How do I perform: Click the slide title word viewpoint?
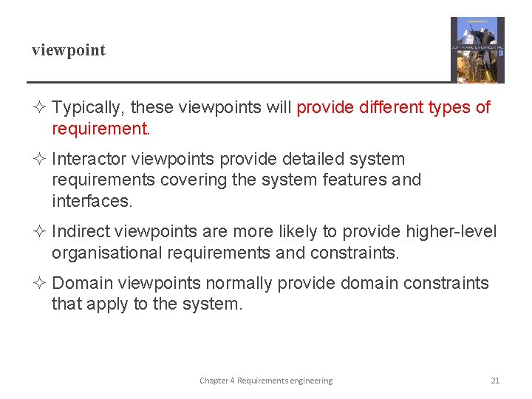[68, 51]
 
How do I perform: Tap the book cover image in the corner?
[477, 50]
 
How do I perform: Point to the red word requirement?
[100, 129]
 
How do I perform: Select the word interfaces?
[92, 201]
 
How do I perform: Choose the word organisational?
[105, 253]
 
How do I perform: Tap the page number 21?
[495, 381]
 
